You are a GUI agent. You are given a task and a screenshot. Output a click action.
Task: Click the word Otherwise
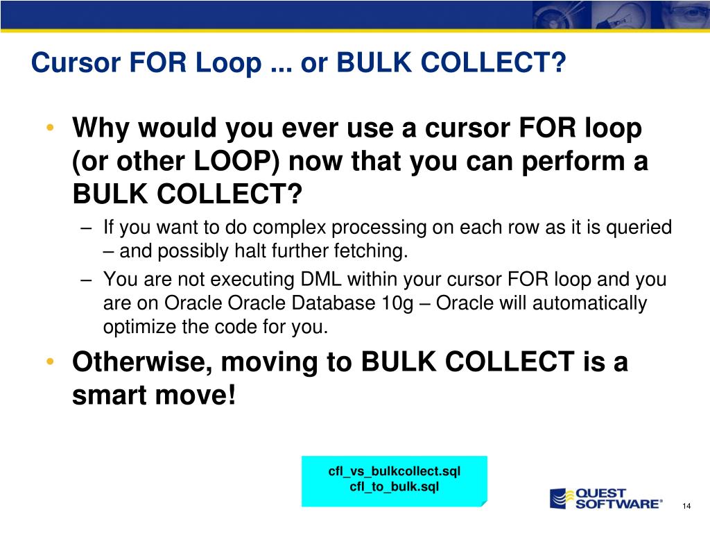(x=139, y=363)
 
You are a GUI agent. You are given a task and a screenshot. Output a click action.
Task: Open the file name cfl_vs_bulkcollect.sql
(x=394, y=472)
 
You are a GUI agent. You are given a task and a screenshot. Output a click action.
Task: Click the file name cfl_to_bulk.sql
(x=394, y=487)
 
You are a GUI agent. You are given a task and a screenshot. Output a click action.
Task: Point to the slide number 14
(x=686, y=505)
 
